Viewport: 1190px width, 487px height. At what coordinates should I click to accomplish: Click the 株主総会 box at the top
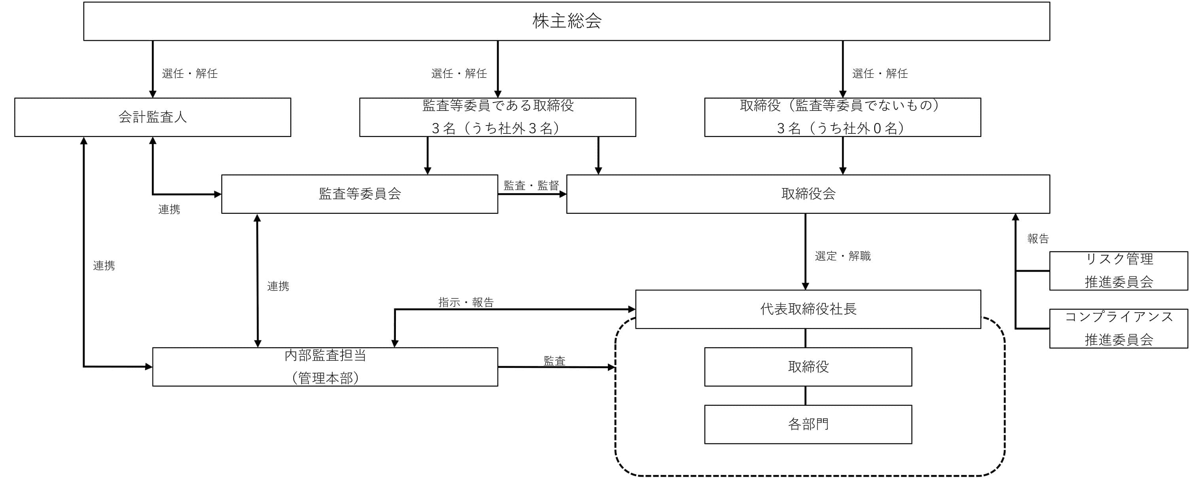[x=566, y=21]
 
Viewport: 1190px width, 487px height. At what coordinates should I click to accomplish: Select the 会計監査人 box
[x=152, y=117]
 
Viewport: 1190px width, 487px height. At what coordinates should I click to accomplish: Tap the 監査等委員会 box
[x=359, y=194]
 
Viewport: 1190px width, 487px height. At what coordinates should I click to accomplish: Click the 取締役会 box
[x=808, y=194]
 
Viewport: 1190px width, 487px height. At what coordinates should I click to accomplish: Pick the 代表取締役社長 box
[x=808, y=309]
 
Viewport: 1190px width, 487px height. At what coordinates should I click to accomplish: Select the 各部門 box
[x=808, y=424]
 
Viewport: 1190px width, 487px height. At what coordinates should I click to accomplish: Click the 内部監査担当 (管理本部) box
[x=325, y=367]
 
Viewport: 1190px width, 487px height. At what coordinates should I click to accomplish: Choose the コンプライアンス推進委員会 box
[x=1118, y=328]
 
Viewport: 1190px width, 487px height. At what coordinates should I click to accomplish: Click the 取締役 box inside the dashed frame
[x=808, y=367]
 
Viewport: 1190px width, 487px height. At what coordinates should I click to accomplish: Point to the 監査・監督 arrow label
[x=531, y=185]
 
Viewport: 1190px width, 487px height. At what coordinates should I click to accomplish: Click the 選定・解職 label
[x=843, y=256]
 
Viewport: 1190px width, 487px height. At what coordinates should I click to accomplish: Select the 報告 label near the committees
[x=1038, y=239]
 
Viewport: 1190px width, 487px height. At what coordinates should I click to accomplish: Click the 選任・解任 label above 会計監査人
[x=189, y=73]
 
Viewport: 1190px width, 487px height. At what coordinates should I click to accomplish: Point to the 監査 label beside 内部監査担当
[x=554, y=361]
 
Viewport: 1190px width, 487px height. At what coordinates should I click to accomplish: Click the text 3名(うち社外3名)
[x=497, y=128]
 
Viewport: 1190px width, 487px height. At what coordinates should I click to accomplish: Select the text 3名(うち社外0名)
[x=842, y=128]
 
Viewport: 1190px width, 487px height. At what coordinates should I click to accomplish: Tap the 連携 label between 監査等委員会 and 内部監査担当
[x=278, y=286]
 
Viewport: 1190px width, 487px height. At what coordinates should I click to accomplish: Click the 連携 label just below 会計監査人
[x=169, y=209]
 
